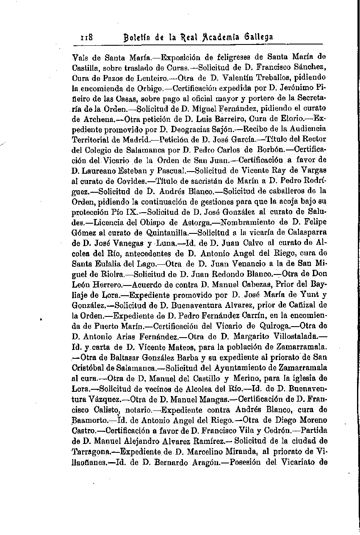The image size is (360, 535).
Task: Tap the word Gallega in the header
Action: click(258, 37)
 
